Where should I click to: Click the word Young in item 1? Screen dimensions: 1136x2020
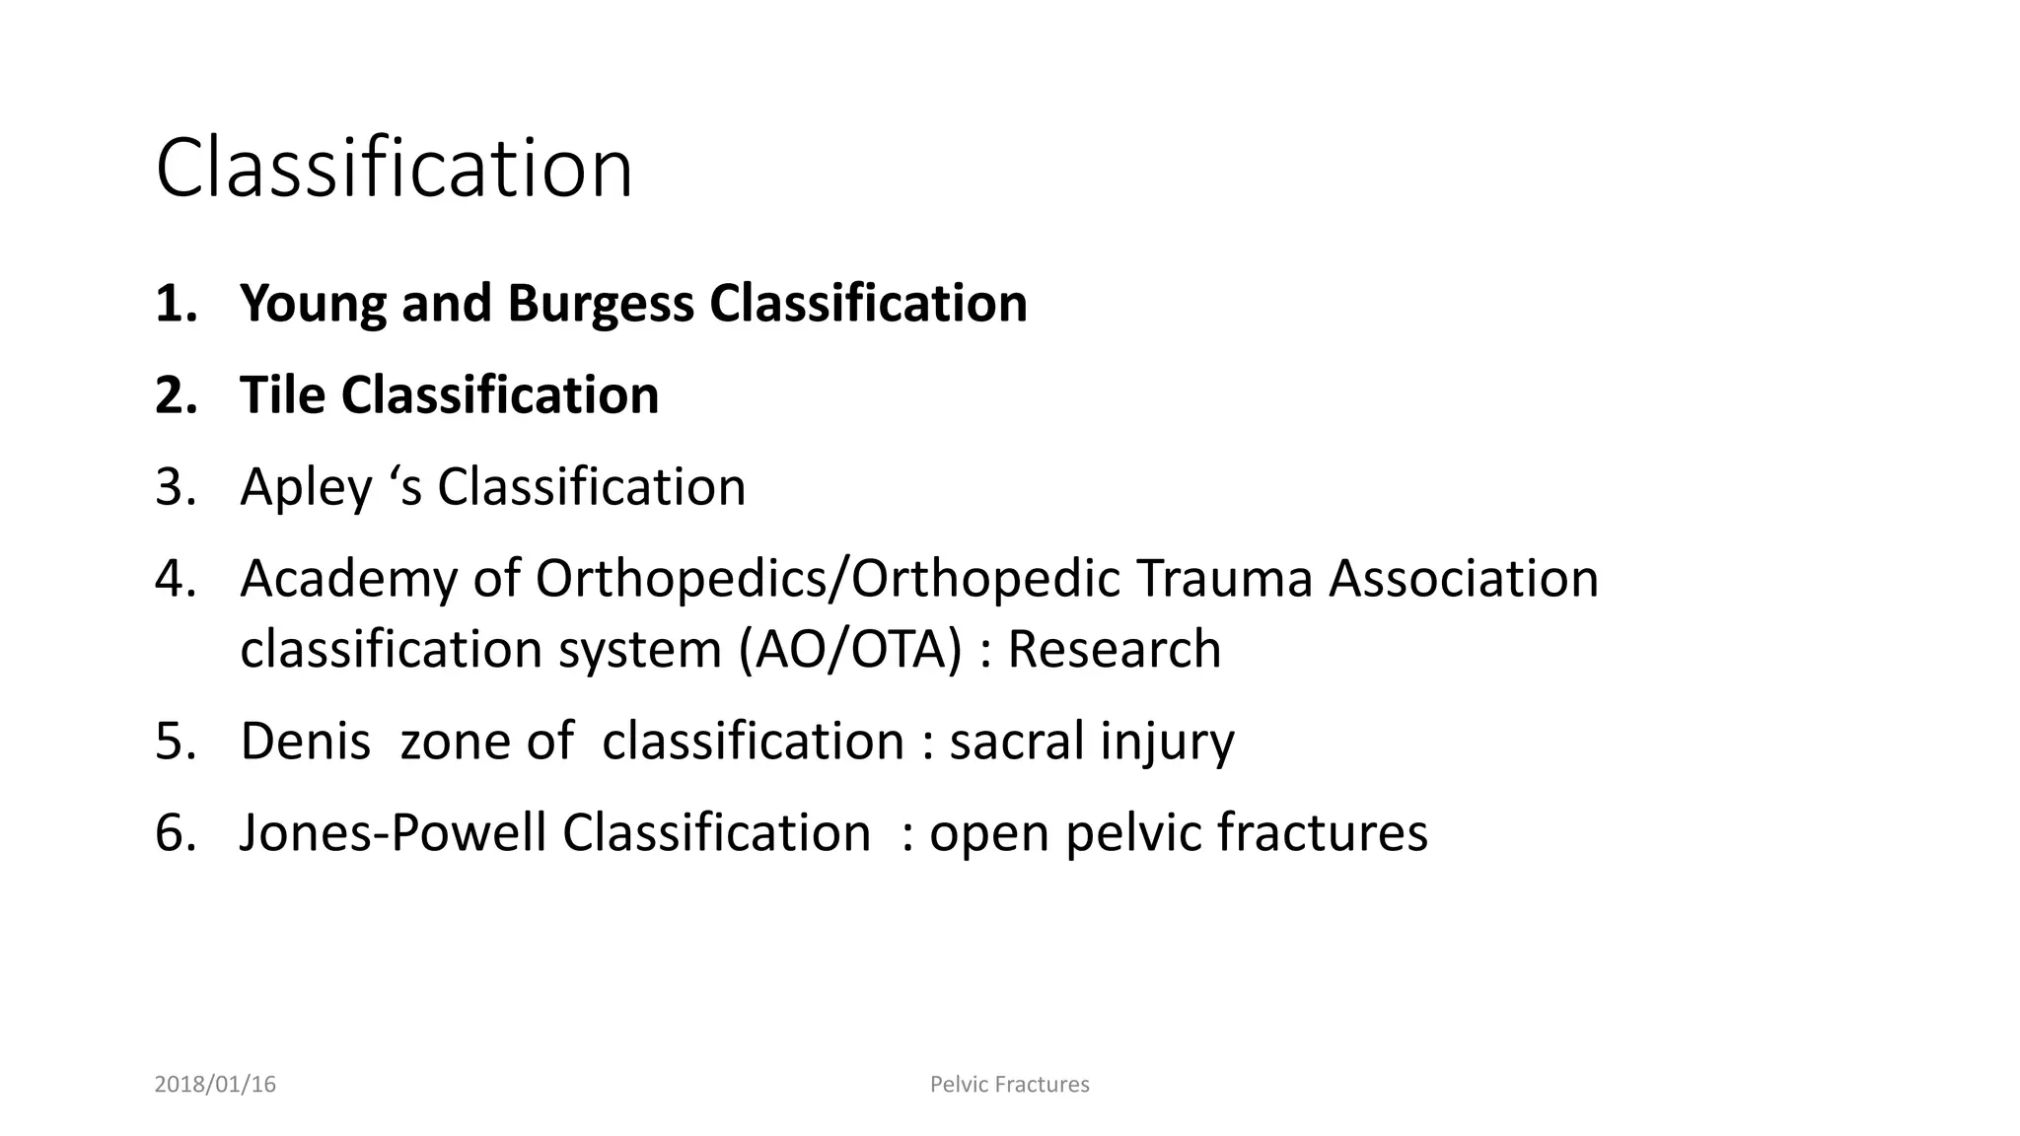pyautogui.click(x=313, y=304)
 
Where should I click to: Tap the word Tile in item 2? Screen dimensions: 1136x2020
pyautogui.click(x=283, y=395)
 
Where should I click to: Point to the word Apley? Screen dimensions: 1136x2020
pyautogui.click(x=306, y=488)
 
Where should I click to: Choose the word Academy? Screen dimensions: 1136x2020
pyautogui.click(x=348, y=579)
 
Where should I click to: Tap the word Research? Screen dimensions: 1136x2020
pyautogui.click(x=1114, y=650)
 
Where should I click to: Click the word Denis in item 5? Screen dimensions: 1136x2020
pyautogui.click(x=306, y=741)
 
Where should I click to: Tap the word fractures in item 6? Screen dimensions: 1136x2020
pyautogui.click(x=1322, y=832)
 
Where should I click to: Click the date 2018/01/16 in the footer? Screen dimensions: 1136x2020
pyautogui.click(x=215, y=1085)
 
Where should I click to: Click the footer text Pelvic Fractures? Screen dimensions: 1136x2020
pyautogui.click(x=1009, y=1085)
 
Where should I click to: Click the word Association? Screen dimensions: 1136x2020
pyautogui.click(x=1463, y=578)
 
